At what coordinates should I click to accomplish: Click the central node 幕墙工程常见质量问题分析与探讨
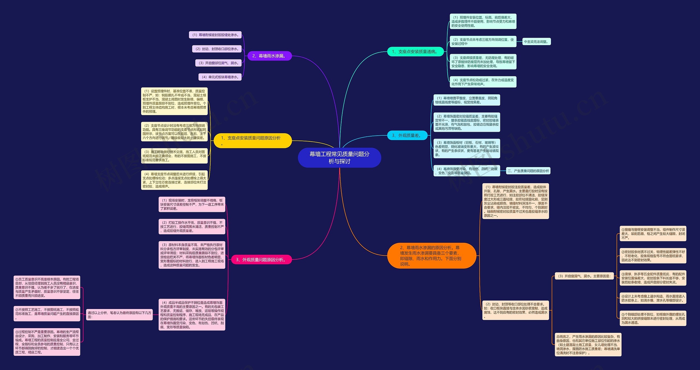click(339, 158)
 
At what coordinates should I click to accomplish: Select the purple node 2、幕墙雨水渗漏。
click(270, 56)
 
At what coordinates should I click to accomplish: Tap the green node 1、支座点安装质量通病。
click(415, 52)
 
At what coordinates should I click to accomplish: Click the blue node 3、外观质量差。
click(407, 135)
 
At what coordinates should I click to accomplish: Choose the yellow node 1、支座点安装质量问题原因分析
click(252, 141)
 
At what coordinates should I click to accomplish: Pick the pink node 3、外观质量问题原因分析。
click(261, 260)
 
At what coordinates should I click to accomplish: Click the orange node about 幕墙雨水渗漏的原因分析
click(431, 256)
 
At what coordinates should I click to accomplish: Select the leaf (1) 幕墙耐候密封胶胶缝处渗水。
click(215, 35)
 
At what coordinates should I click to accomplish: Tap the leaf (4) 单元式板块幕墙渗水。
click(220, 77)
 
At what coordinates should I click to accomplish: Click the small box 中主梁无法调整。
click(536, 42)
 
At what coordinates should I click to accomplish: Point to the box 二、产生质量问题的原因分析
click(528, 171)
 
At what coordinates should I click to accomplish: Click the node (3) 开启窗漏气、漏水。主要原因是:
click(585, 276)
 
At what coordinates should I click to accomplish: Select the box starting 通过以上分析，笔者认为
click(119, 315)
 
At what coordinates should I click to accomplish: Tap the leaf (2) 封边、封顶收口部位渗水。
click(217, 49)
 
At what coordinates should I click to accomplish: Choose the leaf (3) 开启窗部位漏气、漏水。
click(218, 63)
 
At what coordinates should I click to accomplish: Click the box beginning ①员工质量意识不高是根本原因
click(47, 287)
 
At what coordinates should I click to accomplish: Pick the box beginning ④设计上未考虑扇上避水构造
click(653, 298)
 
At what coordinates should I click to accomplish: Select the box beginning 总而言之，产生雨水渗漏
click(588, 345)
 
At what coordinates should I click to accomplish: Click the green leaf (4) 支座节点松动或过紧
click(483, 82)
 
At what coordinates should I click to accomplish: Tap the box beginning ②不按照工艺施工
click(47, 314)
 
